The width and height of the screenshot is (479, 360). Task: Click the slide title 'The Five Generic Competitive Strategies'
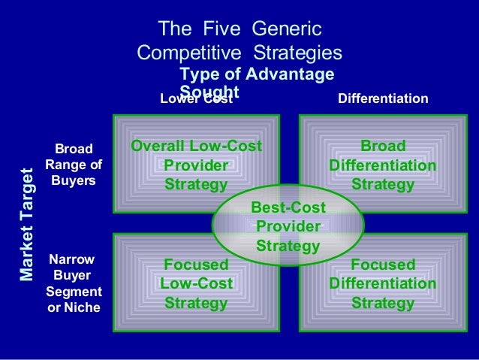point(240,41)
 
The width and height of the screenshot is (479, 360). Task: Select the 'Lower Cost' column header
point(197,98)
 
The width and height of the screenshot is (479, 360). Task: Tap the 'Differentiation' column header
point(383,98)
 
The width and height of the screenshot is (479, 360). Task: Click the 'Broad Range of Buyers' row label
point(74,165)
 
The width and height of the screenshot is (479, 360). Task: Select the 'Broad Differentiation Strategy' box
point(383,165)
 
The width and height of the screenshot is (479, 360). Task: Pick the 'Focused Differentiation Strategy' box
point(383,284)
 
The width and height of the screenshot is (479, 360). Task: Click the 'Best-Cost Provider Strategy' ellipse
point(288,225)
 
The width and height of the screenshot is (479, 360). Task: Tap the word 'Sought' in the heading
point(209,91)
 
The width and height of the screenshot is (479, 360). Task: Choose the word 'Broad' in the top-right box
point(383,146)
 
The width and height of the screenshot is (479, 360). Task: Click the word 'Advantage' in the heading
point(290,75)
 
